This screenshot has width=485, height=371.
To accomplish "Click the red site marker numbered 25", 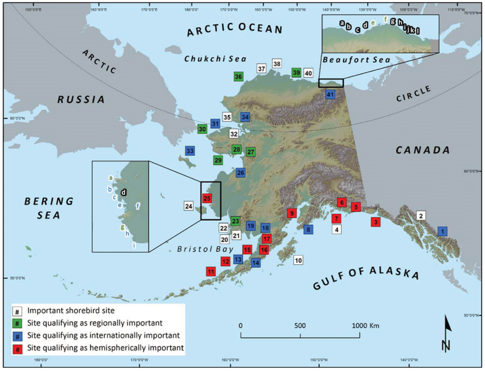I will (207, 198).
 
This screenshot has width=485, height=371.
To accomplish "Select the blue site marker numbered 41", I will (331, 94).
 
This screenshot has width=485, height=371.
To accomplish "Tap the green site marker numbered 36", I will (239, 77).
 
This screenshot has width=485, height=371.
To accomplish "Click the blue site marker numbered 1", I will (443, 231).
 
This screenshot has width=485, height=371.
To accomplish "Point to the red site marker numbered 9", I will (292, 213).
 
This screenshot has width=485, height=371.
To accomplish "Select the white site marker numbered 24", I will (189, 206).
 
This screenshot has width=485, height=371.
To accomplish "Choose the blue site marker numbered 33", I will (190, 151).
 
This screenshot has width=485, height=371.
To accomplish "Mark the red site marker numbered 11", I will (211, 271).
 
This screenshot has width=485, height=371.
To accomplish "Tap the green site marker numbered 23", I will (236, 221).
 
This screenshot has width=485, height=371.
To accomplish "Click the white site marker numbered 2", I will (421, 216).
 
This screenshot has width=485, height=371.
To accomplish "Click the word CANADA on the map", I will (423, 149).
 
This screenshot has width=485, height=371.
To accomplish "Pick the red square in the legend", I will (17, 348).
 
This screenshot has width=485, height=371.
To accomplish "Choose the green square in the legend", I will (17, 323).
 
